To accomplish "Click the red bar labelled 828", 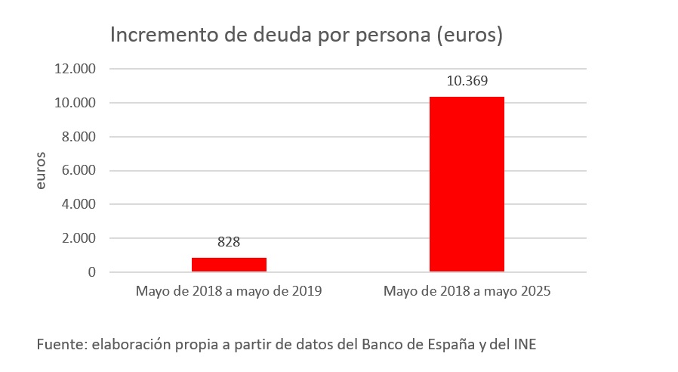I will pos(229,264).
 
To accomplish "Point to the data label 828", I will pos(229,242).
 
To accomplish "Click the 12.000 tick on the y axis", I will pos(76,69).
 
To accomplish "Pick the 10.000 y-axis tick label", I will pos(76,103).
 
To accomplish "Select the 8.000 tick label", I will pos(79,137).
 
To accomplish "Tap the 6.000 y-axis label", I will pos(79,170).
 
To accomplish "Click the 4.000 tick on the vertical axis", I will pos(79,204).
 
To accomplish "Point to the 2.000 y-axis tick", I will pos(79,238).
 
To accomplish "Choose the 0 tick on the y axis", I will pos(92,272).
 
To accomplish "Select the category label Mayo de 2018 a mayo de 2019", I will pos(229,291).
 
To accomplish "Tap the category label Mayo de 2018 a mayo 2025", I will pos(467,291).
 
